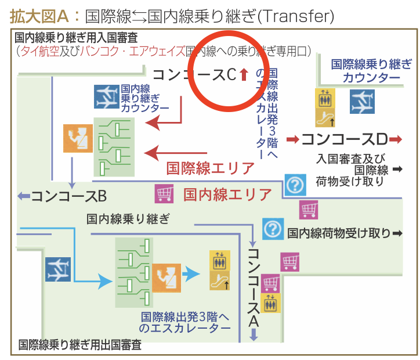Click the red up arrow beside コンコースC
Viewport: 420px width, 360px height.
[x=244, y=74]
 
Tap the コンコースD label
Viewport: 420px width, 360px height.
[x=345, y=139]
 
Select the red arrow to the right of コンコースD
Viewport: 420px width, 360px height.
[x=396, y=139]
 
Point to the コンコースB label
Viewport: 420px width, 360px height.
[x=69, y=196]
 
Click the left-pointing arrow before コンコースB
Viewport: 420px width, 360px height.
[x=24, y=196]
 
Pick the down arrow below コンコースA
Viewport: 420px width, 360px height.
[x=254, y=334]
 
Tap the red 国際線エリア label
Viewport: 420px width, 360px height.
[x=210, y=168]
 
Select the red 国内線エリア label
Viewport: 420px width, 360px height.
[x=227, y=195]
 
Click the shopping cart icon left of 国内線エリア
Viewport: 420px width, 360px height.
[x=164, y=193]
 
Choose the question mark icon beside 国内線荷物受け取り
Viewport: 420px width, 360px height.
[x=273, y=229]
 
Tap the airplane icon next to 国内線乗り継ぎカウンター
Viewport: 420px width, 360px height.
[x=107, y=97]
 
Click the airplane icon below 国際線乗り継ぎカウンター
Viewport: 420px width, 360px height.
[x=362, y=102]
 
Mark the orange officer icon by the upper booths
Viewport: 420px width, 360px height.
[x=78, y=138]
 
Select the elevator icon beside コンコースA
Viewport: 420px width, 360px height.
[x=270, y=303]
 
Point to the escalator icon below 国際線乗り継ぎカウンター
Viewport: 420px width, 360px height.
[x=325, y=117]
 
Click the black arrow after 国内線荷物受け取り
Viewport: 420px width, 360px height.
[x=397, y=233]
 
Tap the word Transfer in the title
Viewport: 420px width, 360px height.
[x=296, y=16]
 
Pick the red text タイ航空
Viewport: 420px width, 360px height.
[x=40, y=51]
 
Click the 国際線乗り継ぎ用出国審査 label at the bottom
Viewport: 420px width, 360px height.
[x=80, y=345]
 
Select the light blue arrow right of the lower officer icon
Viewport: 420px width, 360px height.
[x=191, y=273]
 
